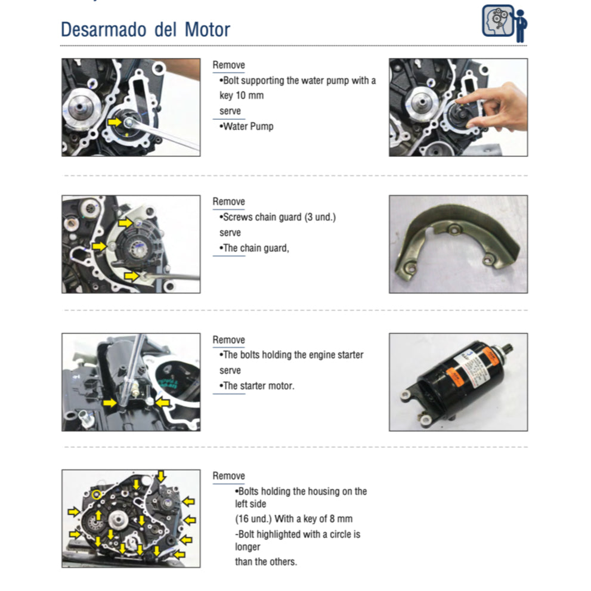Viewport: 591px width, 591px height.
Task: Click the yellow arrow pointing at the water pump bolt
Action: (x=115, y=122)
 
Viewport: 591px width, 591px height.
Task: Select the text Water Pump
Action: (x=248, y=126)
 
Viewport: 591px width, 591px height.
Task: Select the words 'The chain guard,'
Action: (x=256, y=248)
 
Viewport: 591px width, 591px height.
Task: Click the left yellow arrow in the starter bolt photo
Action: (x=109, y=403)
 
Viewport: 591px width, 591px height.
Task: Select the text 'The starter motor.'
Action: (x=258, y=386)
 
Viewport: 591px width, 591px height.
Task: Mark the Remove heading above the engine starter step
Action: (x=229, y=339)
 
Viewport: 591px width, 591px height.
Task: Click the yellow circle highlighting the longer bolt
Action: (x=97, y=494)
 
